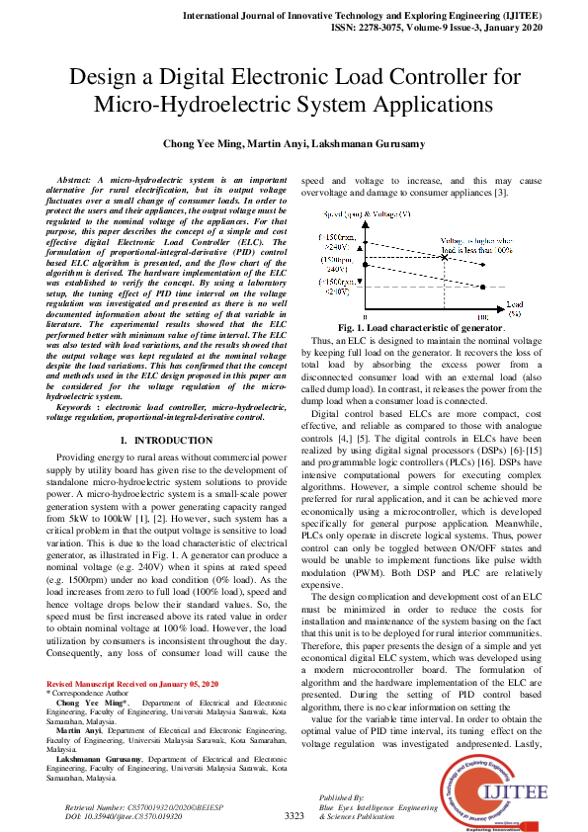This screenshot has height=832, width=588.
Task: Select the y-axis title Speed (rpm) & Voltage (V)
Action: tap(364, 214)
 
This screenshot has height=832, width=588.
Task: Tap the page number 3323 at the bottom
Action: tap(294, 816)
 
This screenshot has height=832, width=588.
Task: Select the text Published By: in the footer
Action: tap(343, 796)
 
